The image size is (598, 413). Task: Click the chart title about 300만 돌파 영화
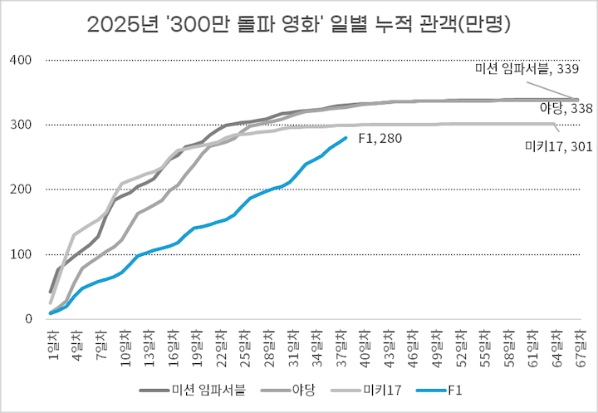click(x=299, y=24)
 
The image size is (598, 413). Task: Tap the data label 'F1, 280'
click(x=380, y=139)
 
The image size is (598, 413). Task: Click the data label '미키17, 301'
click(x=547, y=147)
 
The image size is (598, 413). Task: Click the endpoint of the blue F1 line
click(x=346, y=138)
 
